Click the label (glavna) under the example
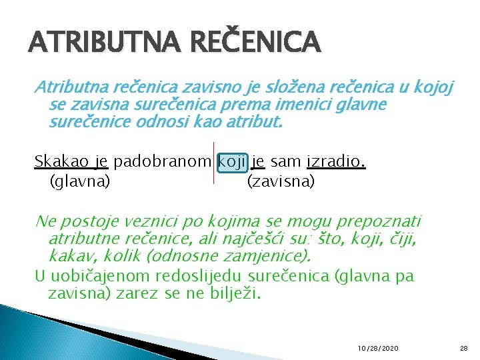tap(79, 181)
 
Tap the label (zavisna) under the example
tap(280, 181)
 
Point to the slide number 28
tap(464, 348)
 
